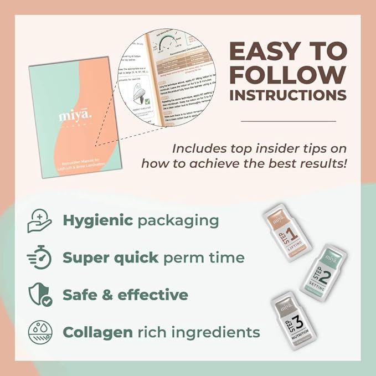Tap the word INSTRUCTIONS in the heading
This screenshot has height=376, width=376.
(x=287, y=95)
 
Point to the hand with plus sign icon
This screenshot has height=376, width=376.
(x=39, y=221)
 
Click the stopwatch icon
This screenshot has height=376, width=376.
(x=39, y=257)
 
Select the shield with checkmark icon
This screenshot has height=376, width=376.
(x=40, y=295)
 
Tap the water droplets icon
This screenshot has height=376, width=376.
(x=39, y=332)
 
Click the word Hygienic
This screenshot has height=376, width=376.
(x=97, y=220)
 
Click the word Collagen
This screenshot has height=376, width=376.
(x=97, y=332)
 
